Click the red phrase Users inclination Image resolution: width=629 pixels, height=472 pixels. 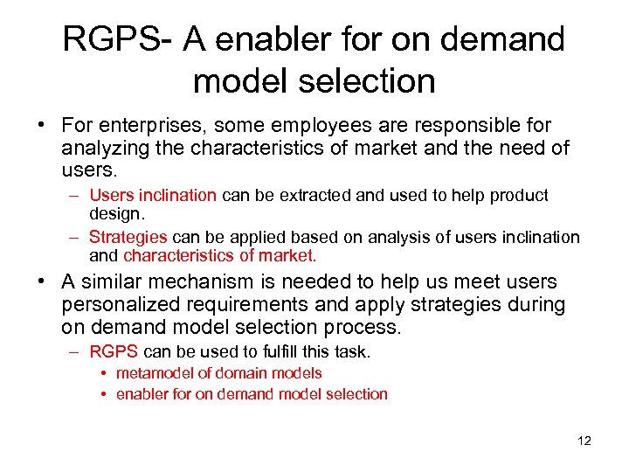152,195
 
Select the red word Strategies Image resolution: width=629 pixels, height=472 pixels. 128,237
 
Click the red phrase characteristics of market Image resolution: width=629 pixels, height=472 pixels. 219,255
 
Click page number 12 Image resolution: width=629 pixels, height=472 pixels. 584,441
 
